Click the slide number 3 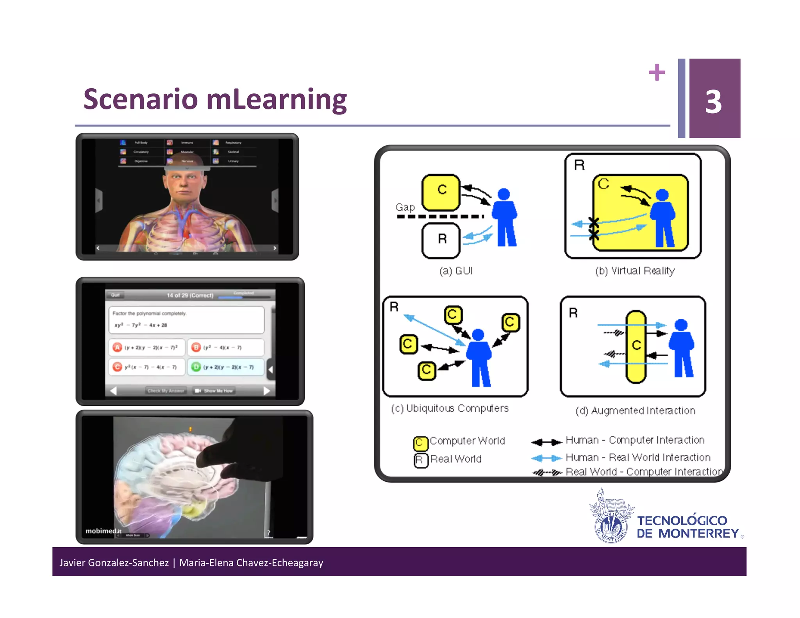(713, 102)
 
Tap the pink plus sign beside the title (657, 72)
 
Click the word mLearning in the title (276, 100)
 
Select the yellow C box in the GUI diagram (441, 192)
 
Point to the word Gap (405, 207)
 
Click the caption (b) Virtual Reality (635, 271)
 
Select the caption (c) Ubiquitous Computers (450, 408)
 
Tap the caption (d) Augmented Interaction (635, 411)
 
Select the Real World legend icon (420, 460)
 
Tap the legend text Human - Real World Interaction (637, 457)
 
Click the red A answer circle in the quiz (117, 347)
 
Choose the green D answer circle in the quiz (196, 367)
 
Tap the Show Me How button (214, 391)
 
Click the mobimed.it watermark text (104, 531)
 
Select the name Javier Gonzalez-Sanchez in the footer (114, 563)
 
